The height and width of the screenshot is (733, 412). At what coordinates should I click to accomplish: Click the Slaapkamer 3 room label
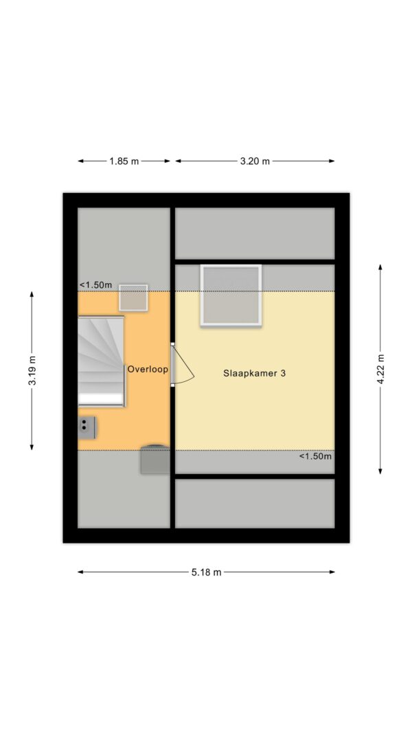tap(254, 373)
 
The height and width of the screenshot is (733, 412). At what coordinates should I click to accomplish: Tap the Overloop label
tap(148, 369)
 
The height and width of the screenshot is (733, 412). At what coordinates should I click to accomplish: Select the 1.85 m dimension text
tap(124, 161)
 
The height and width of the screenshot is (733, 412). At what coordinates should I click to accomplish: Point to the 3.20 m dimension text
tap(255, 161)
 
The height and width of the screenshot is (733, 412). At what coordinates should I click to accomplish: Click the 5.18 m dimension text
tap(206, 572)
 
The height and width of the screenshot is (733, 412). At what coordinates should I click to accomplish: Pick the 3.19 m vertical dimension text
tap(32, 371)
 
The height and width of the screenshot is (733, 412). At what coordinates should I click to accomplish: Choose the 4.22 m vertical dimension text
tap(380, 370)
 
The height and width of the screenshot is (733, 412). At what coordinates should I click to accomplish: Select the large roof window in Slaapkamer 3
tap(231, 295)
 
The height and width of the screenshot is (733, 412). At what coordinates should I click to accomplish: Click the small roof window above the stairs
tap(133, 297)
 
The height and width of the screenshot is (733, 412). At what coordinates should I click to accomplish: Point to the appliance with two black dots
tap(87, 427)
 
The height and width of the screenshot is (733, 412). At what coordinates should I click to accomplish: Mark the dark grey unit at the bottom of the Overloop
tap(155, 460)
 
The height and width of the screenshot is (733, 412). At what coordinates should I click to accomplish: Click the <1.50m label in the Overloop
tap(95, 284)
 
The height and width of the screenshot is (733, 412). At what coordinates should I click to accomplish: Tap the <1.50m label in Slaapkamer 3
tap(316, 456)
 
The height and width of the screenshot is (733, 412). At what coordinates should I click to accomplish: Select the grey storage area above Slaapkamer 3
tap(255, 234)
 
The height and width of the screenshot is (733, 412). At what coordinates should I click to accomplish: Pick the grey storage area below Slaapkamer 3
tap(255, 504)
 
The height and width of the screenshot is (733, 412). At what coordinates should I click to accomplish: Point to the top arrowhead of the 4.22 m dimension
tap(380, 267)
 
